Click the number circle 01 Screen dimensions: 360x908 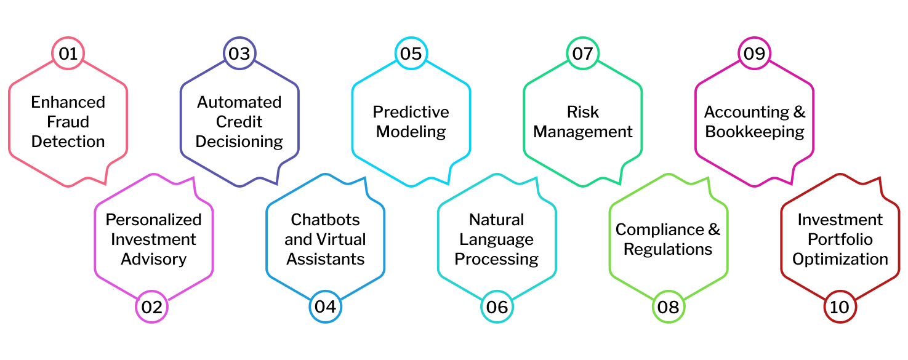(x=68, y=54)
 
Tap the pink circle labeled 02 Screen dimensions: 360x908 (x=151, y=306)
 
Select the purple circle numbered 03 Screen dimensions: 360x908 (x=239, y=54)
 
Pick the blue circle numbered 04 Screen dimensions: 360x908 (x=325, y=306)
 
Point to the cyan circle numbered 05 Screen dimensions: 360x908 (x=411, y=54)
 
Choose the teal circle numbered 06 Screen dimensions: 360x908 (x=497, y=306)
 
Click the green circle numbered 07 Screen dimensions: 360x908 (x=582, y=54)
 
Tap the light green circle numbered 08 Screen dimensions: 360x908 (x=669, y=306)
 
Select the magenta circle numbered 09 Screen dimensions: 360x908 (x=754, y=54)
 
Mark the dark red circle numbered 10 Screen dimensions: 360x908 (x=840, y=306)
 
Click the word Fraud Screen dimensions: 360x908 (x=68, y=122)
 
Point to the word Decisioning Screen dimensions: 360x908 (x=239, y=142)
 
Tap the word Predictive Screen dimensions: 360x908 (x=411, y=112)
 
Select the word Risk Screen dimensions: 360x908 (x=582, y=112)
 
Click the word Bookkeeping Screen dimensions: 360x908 (x=754, y=132)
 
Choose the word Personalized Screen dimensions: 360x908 (x=153, y=220)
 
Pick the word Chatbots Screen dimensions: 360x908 (x=325, y=220)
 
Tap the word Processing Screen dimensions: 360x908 (x=497, y=259)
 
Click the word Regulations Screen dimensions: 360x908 (x=668, y=249)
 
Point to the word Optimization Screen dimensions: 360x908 (x=840, y=259)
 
